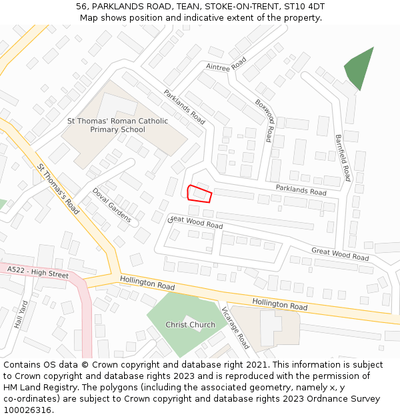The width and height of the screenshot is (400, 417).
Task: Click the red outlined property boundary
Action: (199, 193)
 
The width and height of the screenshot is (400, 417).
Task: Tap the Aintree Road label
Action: (227, 64)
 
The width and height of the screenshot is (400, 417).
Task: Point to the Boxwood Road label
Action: (265, 120)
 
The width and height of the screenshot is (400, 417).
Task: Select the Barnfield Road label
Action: (343, 157)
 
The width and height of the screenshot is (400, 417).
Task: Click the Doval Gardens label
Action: (112, 205)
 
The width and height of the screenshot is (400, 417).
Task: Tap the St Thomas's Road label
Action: (58, 189)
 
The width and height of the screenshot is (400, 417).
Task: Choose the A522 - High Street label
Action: (38, 272)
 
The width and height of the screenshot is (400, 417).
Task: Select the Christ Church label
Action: (190, 325)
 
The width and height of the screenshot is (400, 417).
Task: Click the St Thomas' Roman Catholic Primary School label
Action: (117, 125)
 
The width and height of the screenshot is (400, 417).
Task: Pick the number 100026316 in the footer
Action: (27, 410)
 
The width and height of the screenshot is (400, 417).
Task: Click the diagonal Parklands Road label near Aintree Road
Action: (184, 107)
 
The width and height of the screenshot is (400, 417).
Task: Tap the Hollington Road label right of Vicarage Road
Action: (280, 305)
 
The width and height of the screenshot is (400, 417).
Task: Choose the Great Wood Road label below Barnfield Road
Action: (339, 254)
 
